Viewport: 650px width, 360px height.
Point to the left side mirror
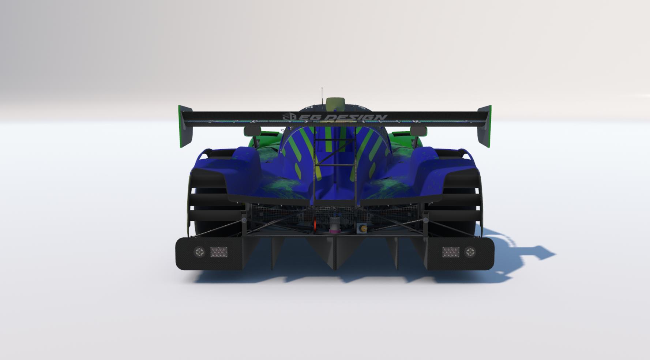point(252,131)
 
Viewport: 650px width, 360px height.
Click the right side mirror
point(418,130)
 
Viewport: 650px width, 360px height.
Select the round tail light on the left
point(199,252)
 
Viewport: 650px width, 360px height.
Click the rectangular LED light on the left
point(219,252)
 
